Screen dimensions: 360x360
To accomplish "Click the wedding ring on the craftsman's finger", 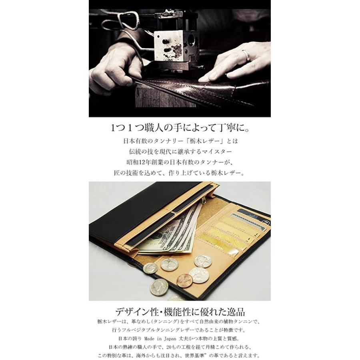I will click(246, 56).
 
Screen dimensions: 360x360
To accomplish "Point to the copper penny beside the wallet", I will click(184, 280).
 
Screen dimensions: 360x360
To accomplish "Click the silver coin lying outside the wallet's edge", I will click(159, 287).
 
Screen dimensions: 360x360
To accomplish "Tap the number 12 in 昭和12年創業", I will click(144, 162).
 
